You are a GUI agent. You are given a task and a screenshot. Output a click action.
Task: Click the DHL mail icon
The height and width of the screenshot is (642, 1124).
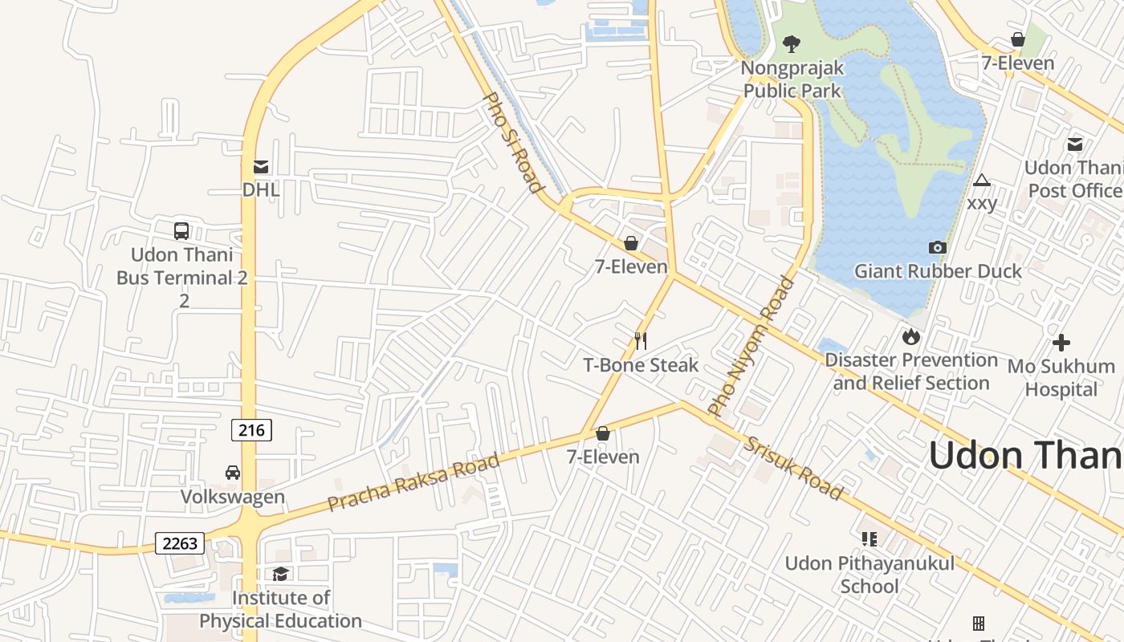pos(261,167)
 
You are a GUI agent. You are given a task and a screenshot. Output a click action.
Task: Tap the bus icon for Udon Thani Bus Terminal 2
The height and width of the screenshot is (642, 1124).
pos(181,231)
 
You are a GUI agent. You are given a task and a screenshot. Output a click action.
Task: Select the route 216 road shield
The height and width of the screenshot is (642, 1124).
pos(251,430)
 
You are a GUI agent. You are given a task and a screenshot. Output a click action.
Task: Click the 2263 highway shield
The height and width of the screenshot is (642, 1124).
pos(180,543)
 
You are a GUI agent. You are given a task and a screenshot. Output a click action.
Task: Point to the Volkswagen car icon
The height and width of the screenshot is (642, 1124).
pos(233,473)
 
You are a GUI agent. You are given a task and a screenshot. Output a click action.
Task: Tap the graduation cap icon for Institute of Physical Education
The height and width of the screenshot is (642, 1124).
pos(280,574)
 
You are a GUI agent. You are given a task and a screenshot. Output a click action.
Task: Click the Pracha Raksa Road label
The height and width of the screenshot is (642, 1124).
pos(413,482)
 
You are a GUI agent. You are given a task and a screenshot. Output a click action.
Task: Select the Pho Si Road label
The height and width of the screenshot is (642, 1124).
pos(511,143)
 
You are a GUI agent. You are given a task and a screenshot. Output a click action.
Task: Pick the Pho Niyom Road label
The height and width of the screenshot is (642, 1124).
pos(751,346)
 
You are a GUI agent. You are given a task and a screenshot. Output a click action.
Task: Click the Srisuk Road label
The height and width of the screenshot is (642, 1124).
pos(793,468)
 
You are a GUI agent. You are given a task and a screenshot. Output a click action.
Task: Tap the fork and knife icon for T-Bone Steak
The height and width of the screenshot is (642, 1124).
pos(641,341)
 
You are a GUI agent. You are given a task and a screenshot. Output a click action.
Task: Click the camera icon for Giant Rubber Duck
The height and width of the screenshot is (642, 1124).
pos(937,247)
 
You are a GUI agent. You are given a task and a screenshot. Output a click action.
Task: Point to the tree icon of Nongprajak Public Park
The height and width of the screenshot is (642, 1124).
pos(792,43)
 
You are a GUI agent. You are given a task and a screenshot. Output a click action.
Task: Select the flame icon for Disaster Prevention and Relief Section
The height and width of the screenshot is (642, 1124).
pos(910,336)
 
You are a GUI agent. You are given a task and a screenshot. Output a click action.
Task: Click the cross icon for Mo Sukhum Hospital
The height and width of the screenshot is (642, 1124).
pos(1061,343)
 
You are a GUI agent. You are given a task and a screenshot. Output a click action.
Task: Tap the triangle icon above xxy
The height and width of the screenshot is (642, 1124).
pos(981,180)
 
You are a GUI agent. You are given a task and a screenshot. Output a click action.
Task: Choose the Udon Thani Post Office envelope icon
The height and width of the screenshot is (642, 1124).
pos(1074,144)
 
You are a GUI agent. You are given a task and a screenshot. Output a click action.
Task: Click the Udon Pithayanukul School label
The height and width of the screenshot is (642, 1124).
pos(869,575)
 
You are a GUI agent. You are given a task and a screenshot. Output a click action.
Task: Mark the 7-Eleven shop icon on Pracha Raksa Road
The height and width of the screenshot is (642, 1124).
pos(603,433)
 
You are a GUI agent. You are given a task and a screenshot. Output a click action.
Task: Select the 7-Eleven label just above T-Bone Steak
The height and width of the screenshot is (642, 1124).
pos(631,266)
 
